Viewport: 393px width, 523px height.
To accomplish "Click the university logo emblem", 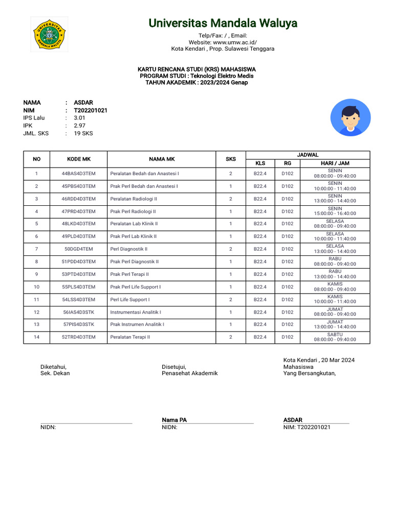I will click(x=49, y=34).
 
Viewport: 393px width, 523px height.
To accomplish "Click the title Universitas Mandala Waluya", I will click(x=223, y=23).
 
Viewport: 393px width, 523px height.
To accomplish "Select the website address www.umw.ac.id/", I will click(x=235, y=42).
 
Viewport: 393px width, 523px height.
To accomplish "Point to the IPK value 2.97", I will click(x=79, y=125).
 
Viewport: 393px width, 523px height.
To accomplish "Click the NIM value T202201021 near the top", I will click(x=91, y=110).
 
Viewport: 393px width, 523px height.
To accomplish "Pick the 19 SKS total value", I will click(x=83, y=133).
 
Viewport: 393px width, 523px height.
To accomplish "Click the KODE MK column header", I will click(x=78, y=159).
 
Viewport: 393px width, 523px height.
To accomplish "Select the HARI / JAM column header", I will click(x=335, y=163).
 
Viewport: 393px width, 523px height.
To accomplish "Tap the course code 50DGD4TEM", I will click(x=78, y=249).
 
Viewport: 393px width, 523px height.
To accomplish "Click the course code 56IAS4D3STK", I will click(x=78, y=312).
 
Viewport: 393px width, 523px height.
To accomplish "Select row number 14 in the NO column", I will click(x=36, y=337).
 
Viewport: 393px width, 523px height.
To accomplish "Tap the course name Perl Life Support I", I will click(x=130, y=299).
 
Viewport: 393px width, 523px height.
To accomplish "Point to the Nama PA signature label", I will click(x=174, y=420).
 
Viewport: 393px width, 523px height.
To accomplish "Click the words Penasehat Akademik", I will click(x=189, y=373).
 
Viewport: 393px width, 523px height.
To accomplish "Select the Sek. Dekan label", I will click(x=55, y=373).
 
